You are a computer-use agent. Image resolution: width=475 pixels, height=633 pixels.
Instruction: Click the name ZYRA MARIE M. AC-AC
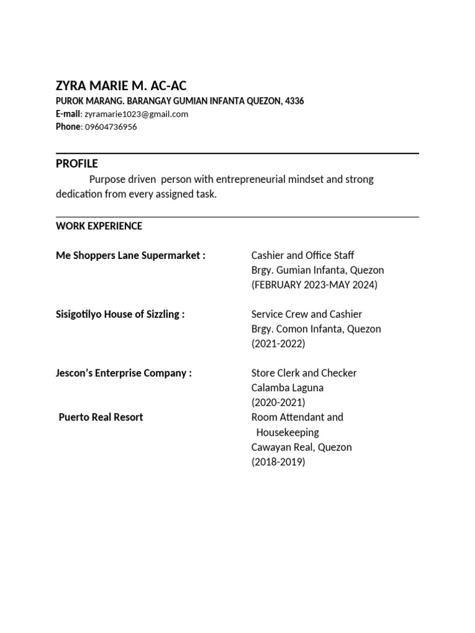tap(121, 86)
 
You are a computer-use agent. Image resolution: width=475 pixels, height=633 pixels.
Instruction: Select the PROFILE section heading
tap(77, 164)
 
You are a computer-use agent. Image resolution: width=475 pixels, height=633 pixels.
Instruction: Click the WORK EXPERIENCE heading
tap(99, 226)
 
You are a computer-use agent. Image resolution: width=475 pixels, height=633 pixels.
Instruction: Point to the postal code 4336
tap(294, 101)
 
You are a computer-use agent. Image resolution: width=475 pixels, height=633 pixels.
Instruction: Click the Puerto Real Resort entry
tap(101, 417)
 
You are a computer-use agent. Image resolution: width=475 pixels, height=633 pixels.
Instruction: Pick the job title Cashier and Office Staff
tap(302, 255)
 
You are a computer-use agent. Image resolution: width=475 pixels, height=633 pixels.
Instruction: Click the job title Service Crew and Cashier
tap(307, 314)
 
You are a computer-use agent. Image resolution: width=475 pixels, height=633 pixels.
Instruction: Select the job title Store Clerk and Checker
tap(304, 373)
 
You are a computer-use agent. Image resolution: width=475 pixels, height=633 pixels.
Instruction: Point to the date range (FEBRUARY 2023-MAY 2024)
tap(314, 285)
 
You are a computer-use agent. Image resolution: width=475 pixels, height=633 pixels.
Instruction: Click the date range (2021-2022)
tap(278, 344)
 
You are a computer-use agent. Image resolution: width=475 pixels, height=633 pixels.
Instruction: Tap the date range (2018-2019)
tap(278, 462)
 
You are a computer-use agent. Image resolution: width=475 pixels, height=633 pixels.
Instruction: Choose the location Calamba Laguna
tap(287, 388)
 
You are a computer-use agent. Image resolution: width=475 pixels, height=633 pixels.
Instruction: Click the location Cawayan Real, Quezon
tap(301, 447)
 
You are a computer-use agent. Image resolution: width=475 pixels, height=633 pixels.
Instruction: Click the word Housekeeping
tap(288, 432)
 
